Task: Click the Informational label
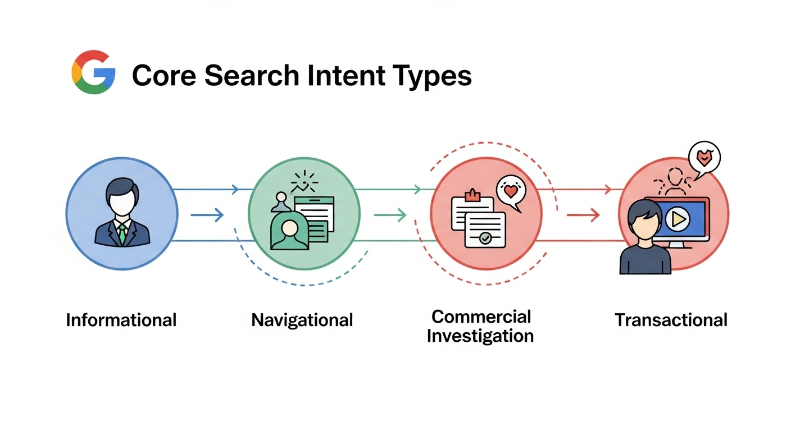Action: tap(121, 320)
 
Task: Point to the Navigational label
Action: tap(302, 320)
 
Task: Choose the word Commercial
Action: tap(481, 317)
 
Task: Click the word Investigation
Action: tap(480, 336)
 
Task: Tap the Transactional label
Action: tap(671, 320)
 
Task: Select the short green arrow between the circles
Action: tap(390, 214)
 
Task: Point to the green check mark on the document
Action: tap(485, 239)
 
